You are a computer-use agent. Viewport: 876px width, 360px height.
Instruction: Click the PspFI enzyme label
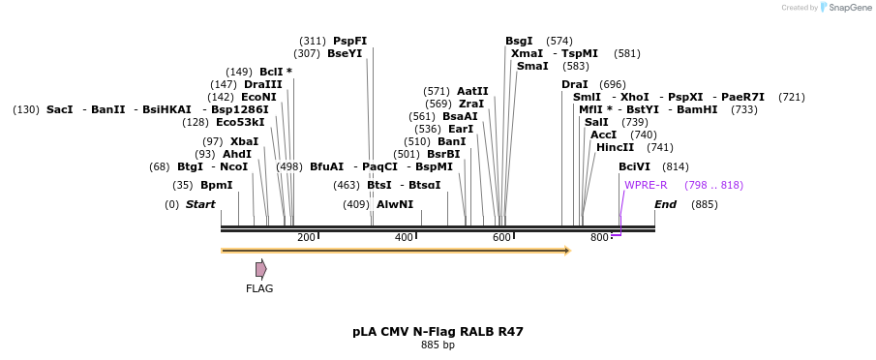click(349, 41)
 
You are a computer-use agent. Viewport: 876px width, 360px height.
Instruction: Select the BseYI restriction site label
click(345, 54)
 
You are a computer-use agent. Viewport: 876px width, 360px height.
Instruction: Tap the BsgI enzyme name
click(519, 41)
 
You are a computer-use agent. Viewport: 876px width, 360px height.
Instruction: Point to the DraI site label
click(574, 84)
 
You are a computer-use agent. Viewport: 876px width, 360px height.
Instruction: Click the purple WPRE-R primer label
click(646, 185)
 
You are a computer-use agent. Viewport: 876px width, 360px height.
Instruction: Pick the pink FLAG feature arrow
click(260, 269)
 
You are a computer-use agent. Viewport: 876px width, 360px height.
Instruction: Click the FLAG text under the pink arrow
click(259, 288)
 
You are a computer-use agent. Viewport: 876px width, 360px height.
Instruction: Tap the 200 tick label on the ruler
click(306, 238)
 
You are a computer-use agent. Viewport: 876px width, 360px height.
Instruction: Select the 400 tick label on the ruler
click(404, 238)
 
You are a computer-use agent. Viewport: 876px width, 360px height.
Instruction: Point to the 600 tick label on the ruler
click(501, 238)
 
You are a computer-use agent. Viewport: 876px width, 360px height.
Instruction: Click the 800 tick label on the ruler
click(599, 238)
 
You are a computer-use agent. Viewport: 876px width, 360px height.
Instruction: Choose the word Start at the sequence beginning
click(200, 204)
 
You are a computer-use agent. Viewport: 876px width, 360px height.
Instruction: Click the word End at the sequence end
click(665, 204)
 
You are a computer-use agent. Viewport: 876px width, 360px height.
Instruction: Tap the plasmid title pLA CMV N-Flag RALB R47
click(438, 332)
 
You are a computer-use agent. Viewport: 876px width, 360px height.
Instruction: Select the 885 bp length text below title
click(438, 345)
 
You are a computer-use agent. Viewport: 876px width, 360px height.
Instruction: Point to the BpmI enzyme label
click(216, 185)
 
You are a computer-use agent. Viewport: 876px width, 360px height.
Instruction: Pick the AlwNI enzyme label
click(395, 204)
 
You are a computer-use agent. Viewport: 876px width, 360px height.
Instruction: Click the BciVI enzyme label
click(634, 166)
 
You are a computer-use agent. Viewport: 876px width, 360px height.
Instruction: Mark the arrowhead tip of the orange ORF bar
click(569, 251)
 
